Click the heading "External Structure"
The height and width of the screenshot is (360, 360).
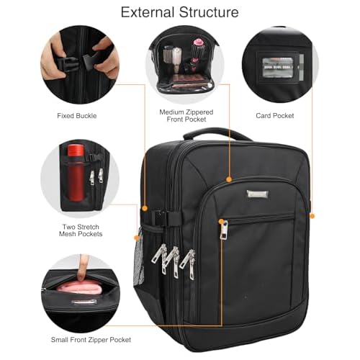(x=179, y=12)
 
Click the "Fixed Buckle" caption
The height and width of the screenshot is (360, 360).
(x=77, y=115)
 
